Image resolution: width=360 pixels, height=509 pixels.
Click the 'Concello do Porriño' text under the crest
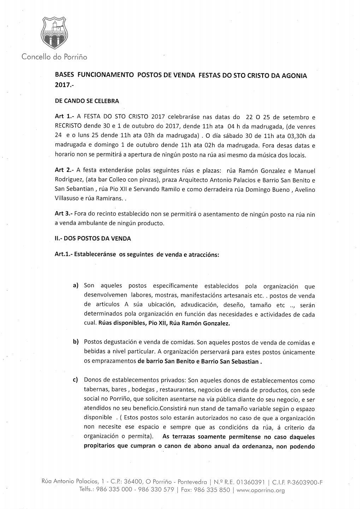pyautogui.click(x=54, y=56)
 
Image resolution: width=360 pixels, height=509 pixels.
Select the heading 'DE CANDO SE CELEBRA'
pyautogui.click(x=87, y=101)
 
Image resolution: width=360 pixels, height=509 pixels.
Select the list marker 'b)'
pyautogui.click(x=76, y=342)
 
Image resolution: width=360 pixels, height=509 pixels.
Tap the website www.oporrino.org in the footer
pyautogui.click(x=260, y=490)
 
